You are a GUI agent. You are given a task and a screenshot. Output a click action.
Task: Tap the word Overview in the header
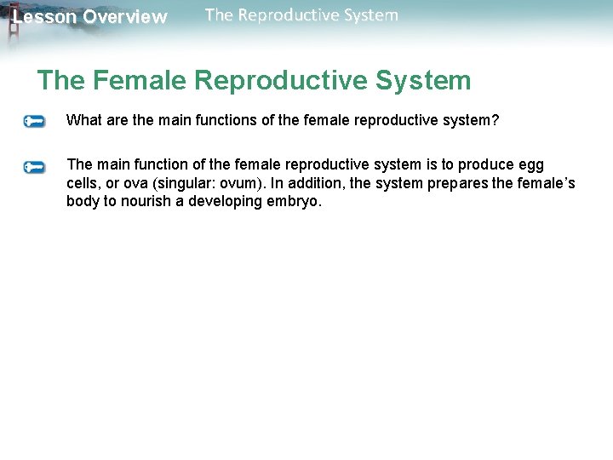(125, 17)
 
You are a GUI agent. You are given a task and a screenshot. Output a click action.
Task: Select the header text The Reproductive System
(301, 15)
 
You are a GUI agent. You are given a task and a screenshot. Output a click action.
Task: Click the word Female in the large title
(140, 81)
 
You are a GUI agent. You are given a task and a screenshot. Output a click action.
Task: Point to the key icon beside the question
(34, 121)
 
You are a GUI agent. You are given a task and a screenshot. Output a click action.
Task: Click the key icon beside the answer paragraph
(34, 166)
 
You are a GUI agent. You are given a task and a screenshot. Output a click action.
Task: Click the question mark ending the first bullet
(496, 120)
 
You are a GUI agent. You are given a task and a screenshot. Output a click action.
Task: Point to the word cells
(83, 183)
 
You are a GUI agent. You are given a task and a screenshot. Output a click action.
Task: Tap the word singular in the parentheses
(186, 183)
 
